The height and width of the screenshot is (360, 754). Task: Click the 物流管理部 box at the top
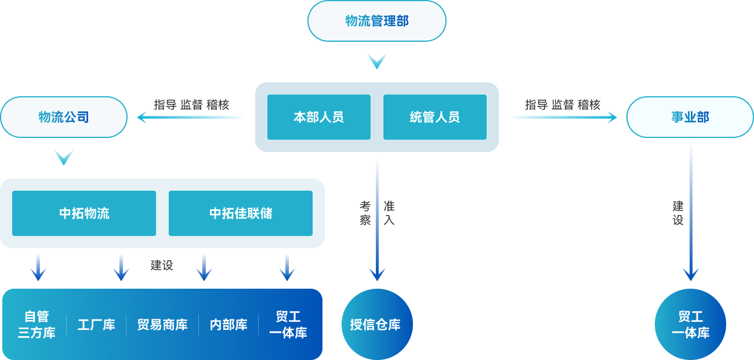(376, 21)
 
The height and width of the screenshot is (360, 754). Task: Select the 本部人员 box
(318, 117)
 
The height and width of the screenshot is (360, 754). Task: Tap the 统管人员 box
(434, 117)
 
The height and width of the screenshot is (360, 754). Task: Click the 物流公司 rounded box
(64, 117)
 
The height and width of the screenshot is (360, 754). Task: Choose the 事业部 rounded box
(690, 117)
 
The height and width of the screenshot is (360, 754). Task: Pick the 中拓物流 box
(84, 213)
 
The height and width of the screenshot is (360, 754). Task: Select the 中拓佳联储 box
(241, 213)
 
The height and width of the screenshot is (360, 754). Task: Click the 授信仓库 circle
(376, 324)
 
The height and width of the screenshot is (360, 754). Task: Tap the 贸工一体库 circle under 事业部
(690, 324)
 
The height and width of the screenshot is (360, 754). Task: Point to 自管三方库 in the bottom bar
(37, 325)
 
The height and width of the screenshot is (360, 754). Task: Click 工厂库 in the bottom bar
(96, 325)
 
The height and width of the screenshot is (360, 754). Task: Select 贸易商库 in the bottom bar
(162, 325)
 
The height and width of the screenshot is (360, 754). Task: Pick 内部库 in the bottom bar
(229, 325)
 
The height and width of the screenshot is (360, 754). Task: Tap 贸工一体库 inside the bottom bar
(288, 325)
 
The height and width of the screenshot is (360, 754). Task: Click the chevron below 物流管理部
(376, 60)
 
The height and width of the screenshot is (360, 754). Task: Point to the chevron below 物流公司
(64, 157)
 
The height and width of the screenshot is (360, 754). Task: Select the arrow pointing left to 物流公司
(191, 118)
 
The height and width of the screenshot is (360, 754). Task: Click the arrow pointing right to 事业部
(563, 118)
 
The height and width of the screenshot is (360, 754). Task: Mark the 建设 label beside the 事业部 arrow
(678, 213)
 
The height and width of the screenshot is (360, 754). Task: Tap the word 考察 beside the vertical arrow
(365, 213)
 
